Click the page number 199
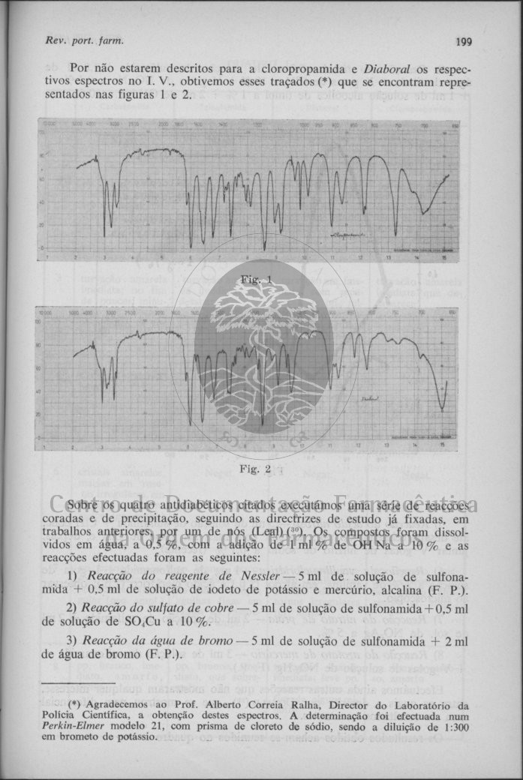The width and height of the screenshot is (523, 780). coord(463,41)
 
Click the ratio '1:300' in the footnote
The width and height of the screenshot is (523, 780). coord(455,727)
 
